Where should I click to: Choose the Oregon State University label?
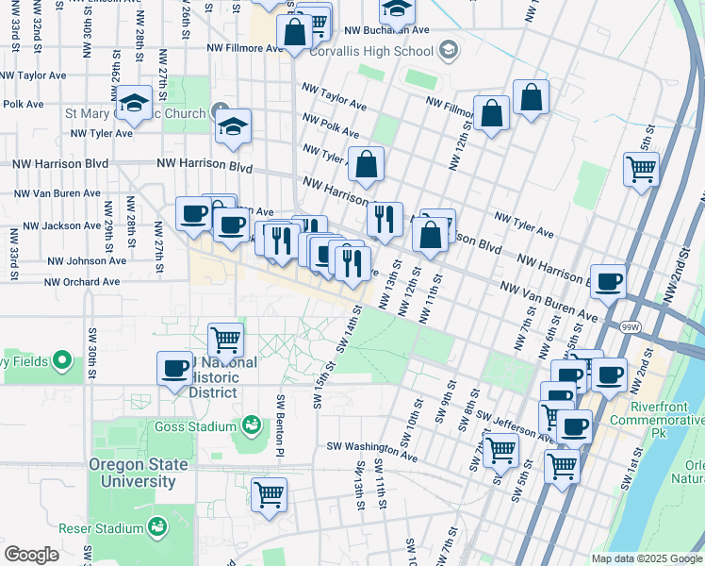tap(132, 473)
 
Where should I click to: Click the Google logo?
tap(31, 554)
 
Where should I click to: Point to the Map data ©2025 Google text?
tap(646, 558)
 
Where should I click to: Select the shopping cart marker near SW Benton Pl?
tap(270, 492)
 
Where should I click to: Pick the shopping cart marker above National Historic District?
tap(225, 339)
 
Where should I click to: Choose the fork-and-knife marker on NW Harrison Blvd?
tap(384, 219)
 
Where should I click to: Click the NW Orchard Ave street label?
tap(82, 281)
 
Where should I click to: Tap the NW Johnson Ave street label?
tap(87, 260)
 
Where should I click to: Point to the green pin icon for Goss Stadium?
tap(251, 426)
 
